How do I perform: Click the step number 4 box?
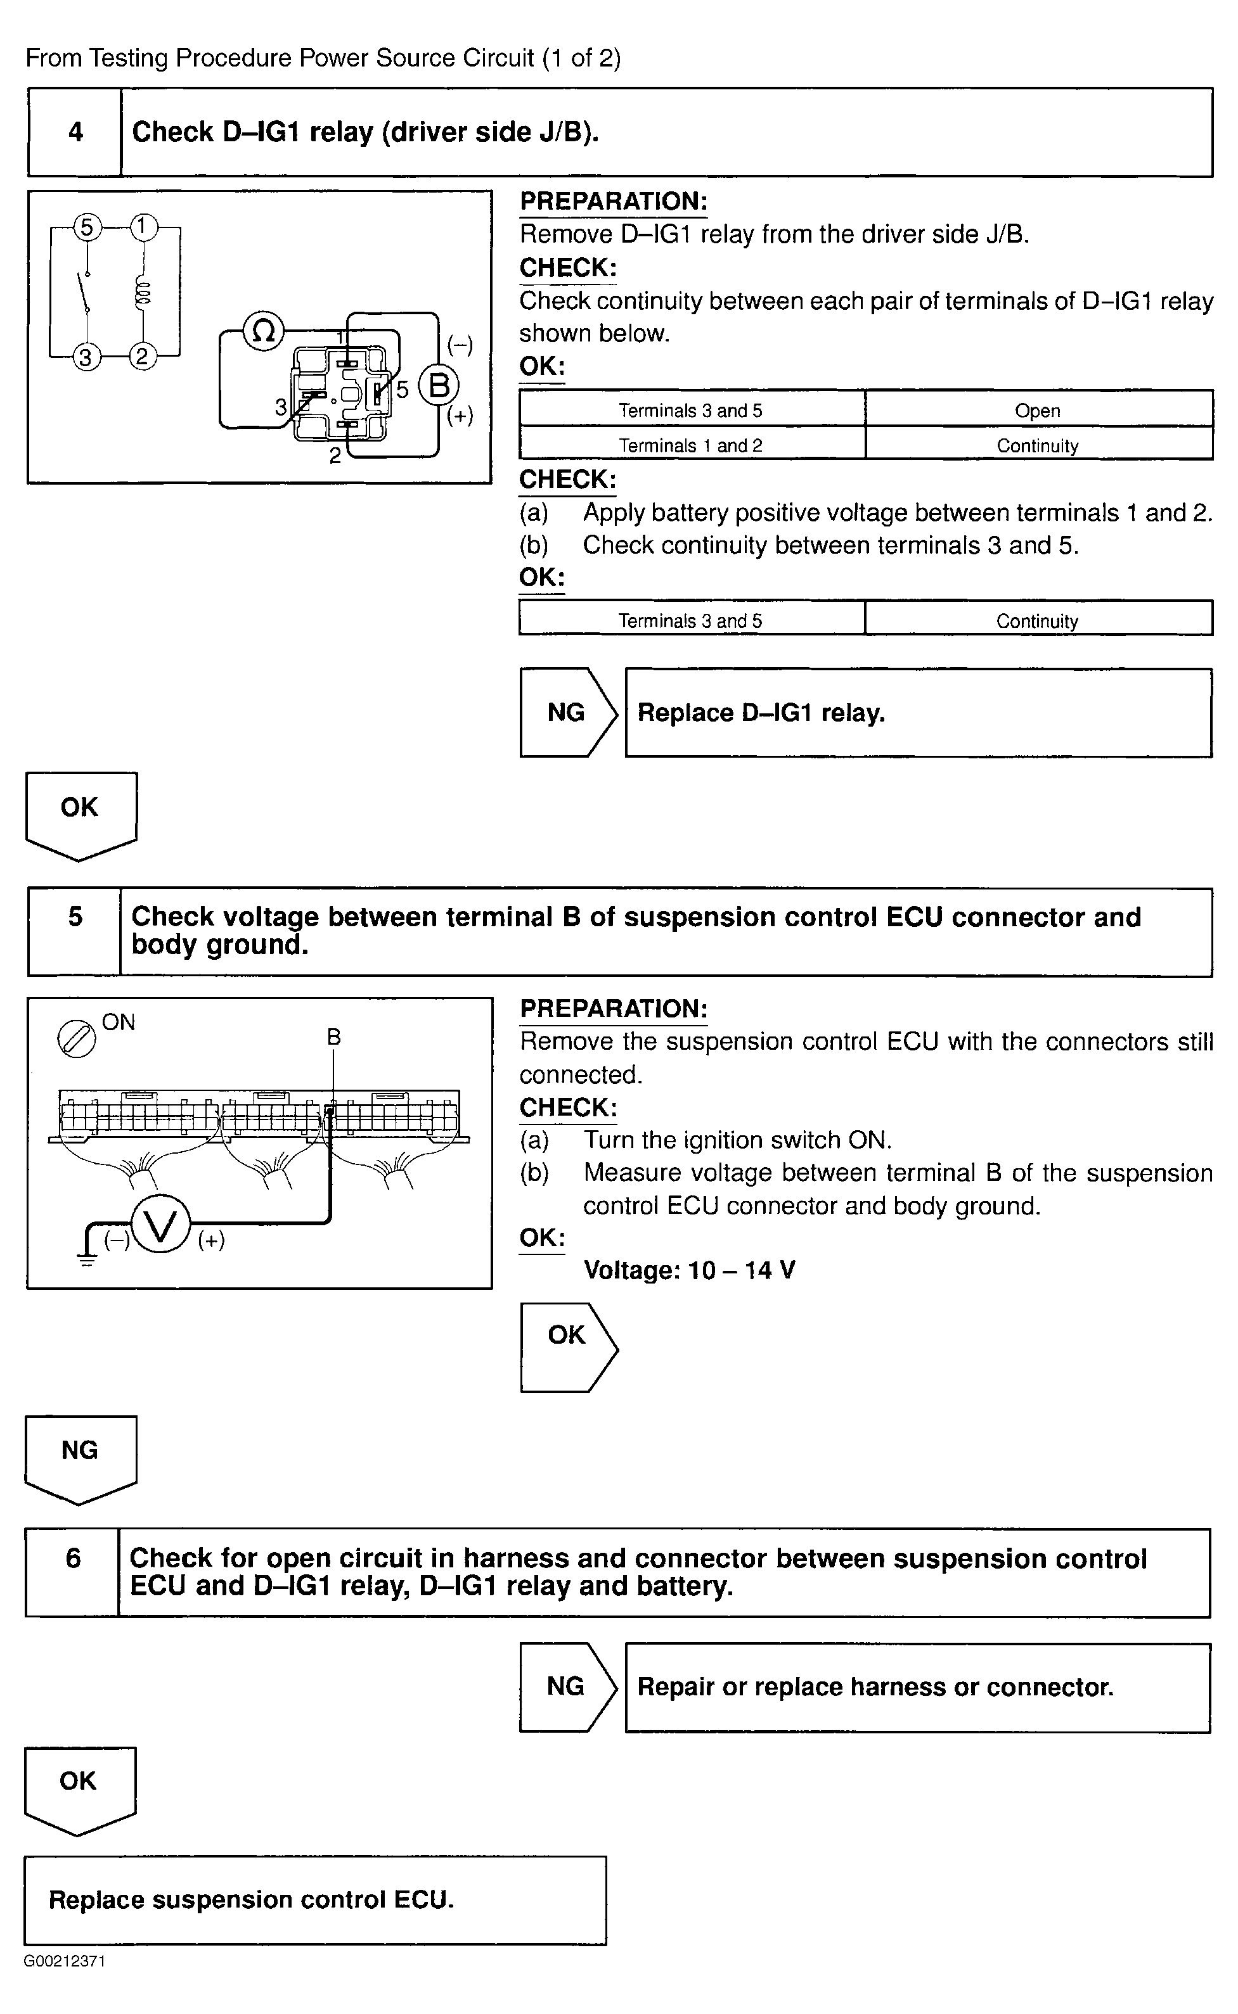(75, 132)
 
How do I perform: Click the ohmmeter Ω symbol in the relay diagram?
(264, 331)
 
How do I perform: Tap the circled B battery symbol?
(439, 385)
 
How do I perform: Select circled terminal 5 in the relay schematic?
(87, 227)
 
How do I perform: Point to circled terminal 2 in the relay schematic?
(143, 356)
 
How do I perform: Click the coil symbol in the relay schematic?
(143, 292)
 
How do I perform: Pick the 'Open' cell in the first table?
(1038, 410)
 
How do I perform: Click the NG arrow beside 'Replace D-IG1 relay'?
(567, 713)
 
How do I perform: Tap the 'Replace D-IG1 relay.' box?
(918, 713)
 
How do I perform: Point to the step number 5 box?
(75, 931)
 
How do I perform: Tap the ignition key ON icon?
(76, 1040)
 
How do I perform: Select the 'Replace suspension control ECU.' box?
(315, 1899)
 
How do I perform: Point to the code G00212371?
(65, 1961)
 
